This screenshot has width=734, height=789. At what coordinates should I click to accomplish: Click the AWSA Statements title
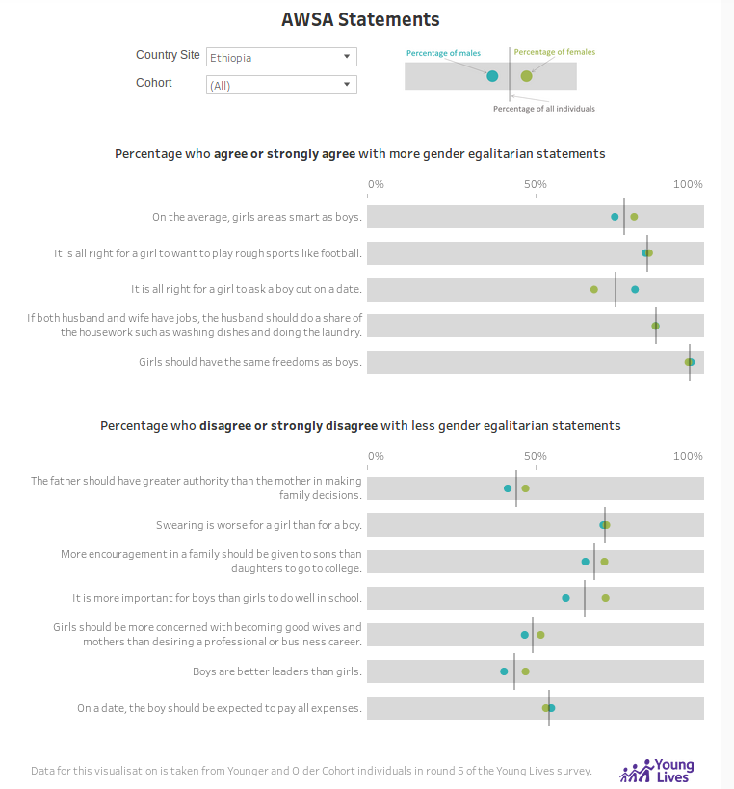click(360, 19)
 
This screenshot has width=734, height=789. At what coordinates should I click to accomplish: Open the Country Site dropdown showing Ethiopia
click(281, 57)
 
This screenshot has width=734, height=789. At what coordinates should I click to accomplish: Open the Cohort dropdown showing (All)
click(281, 85)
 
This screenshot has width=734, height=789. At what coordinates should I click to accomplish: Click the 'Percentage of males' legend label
click(443, 53)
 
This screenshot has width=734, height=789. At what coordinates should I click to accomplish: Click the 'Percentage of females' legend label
click(555, 52)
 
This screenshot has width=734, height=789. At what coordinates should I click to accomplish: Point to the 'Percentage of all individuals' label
click(544, 109)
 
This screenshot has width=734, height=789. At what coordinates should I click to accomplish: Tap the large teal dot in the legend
click(492, 76)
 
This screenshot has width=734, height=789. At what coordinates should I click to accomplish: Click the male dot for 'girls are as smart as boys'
click(615, 217)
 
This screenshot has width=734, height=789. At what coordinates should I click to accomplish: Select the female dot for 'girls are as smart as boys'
click(635, 217)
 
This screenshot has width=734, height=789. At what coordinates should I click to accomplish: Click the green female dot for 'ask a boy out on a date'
click(594, 289)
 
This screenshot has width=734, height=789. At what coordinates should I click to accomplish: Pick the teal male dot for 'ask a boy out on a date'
click(635, 289)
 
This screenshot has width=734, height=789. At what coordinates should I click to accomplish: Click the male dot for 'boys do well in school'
click(566, 598)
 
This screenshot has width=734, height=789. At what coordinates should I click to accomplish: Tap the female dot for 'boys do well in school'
click(606, 598)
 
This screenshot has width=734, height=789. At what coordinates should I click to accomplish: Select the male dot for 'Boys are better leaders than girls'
click(504, 671)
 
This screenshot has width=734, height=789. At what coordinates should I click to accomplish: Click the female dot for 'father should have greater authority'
click(526, 488)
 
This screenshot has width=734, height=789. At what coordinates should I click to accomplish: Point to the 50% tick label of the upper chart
click(536, 184)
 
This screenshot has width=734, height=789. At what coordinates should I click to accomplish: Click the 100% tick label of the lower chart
click(688, 456)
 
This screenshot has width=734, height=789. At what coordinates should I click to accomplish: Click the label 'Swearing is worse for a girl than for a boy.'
click(259, 525)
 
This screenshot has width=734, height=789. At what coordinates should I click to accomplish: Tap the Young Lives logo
click(657, 771)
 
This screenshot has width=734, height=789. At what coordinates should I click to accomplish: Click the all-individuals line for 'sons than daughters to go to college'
click(594, 562)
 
